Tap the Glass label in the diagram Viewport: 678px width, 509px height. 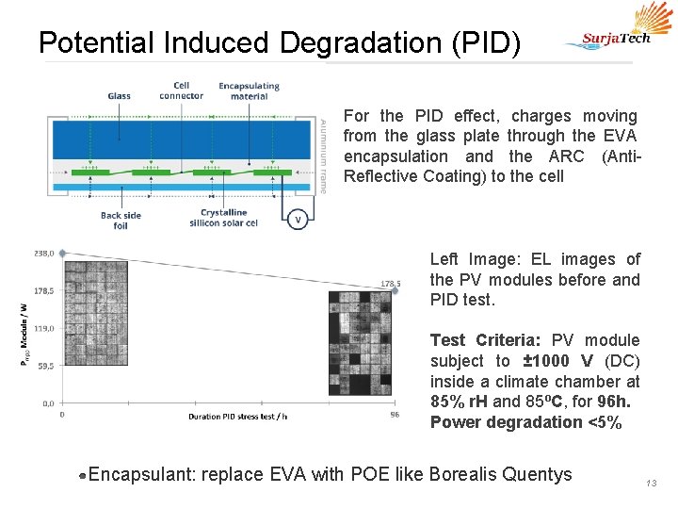(x=119, y=95)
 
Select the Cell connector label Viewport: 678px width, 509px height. (x=181, y=90)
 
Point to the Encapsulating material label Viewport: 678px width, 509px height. (x=249, y=90)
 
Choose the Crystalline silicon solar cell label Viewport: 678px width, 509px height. (x=223, y=218)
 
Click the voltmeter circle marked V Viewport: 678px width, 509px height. (x=299, y=220)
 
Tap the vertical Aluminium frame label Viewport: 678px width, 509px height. (x=323, y=156)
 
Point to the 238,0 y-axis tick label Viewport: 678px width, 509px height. (x=43, y=253)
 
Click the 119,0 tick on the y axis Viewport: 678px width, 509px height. (x=43, y=328)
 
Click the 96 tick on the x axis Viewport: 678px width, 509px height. (x=395, y=414)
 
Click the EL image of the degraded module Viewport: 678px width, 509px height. (x=365, y=349)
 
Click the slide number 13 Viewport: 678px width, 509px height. (x=651, y=483)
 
